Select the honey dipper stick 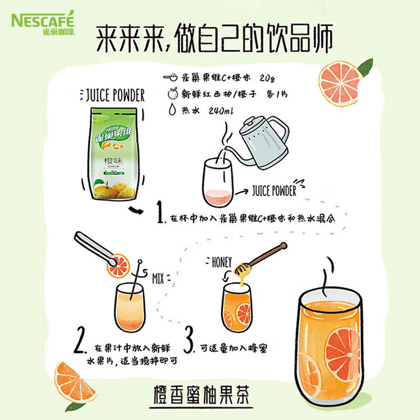coord(260,258)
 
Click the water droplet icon coord(171,110)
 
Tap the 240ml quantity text coord(216,111)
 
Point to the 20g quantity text coord(266,78)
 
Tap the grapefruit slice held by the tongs coord(116,265)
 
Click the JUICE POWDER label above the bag coord(114,96)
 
